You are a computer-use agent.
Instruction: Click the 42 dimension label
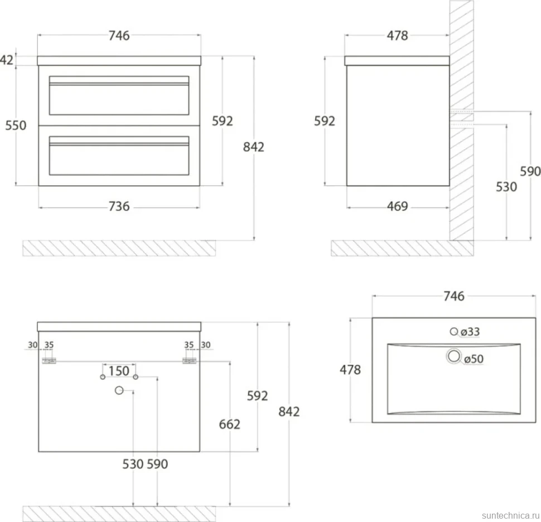[7, 60]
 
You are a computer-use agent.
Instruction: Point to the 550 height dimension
[16, 125]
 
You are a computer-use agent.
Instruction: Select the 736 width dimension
[119, 206]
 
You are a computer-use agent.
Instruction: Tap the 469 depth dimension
[398, 206]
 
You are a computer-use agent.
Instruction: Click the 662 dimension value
[229, 424]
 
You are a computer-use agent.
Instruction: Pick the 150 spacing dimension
[119, 371]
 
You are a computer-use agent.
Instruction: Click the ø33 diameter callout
[470, 332]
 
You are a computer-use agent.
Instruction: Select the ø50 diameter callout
[474, 359]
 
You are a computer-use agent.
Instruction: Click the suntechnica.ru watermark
[511, 515]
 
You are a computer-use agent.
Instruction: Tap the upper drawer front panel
[119, 95]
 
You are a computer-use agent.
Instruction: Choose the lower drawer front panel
[119, 156]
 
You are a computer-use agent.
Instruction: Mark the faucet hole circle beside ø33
[454, 332]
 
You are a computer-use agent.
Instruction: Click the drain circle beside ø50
[453, 356]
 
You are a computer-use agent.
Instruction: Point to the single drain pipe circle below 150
[119, 390]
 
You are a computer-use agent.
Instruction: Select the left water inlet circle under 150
[103, 377]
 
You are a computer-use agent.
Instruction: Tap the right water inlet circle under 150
[136, 377]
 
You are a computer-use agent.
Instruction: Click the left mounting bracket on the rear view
[49, 361]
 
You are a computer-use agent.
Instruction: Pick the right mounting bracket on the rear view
[189, 361]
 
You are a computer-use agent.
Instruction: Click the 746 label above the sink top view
[453, 296]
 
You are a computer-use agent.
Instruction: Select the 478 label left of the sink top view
[350, 370]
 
